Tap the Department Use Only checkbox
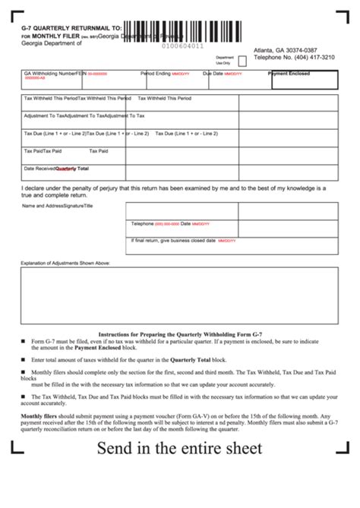coord(242,60)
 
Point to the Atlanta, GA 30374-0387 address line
coord(286,49)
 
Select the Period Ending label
coord(155,74)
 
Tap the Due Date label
coord(212,74)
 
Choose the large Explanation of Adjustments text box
coord(180,295)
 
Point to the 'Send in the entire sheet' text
coord(179,449)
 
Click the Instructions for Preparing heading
coord(180,334)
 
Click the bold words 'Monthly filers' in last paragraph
coord(42,416)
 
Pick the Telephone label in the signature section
coord(142,224)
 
